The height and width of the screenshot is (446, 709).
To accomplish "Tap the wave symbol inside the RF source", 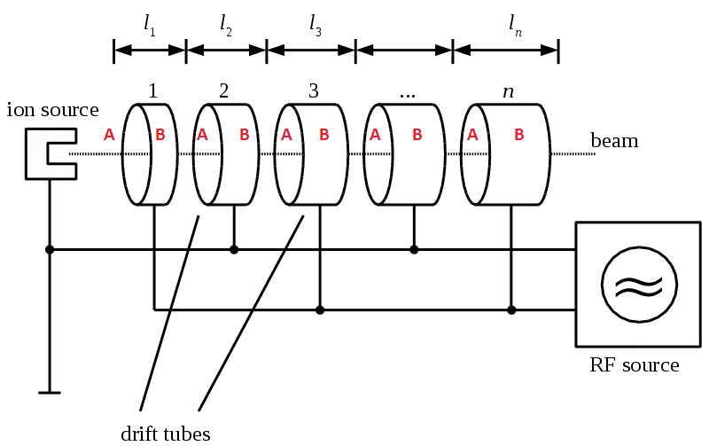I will pyautogui.click(x=639, y=284).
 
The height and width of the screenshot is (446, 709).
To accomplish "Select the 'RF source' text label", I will pyautogui.click(x=635, y=365).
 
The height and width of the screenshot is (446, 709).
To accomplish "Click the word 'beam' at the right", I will pyautogui.click(x=614, y=141).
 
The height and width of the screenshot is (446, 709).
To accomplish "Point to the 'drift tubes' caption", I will pyautogui.click(x=166, y=433).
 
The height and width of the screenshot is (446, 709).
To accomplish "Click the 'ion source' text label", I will pyautogui.click(x=52, y=110).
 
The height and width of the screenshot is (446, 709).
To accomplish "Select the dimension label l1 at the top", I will pyautogui.click(x=150, y=26).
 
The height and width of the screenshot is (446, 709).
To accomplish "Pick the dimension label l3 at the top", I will pyautogui.click(x=316, y=26).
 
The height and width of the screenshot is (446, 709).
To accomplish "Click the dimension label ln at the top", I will pyautogui.click(x=515, y=26).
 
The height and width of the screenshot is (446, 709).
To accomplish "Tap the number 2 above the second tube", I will pyautogui.click(x=223, y=90).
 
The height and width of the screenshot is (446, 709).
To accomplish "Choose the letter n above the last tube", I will pyautogui.click(x=508, y=90).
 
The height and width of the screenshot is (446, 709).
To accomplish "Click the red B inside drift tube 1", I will pyautogui.click(x=160, y=135).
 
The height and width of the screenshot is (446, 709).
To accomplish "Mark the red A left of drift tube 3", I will pyautogui.click(x=286, y=135).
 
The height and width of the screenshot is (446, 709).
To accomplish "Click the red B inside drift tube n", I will pyautogui.click(x=519, y=135).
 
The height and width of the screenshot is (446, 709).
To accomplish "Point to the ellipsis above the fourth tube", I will pyautogui.click(x=408, y=93).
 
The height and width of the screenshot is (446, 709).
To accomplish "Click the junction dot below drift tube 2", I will pyautogui.click(x=234, y=250).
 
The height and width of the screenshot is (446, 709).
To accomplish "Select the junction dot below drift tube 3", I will pyautogui.click(x=320, y=310).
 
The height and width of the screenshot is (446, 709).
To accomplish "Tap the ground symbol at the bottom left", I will pyautogui.click(x=50, y=391).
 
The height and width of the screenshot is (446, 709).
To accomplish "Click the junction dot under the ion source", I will pyautogui.click(x=50, y=250).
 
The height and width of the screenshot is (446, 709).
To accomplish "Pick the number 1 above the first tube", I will pyautogui.click(x=153, y=90).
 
